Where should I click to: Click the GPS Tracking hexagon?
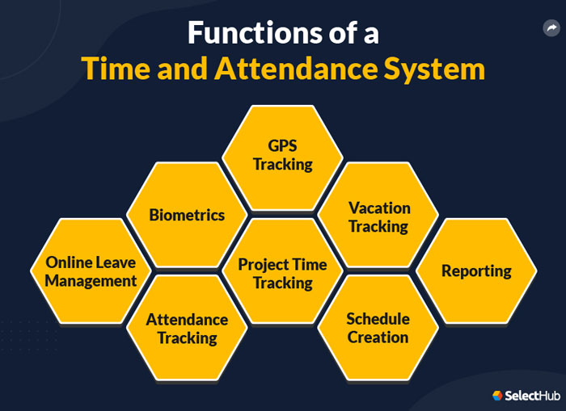pos(282,154)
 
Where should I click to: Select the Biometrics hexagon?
pos(187,215)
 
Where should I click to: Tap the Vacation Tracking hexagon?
pos(378,216)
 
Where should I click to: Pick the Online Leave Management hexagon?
pos(91,271)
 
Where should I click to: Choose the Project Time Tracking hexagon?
pos(282,273)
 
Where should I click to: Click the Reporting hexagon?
pos(476,271)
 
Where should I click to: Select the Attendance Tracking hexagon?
pos(187,328)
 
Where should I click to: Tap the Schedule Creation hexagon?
pos(378,328)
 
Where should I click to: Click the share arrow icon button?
pos(551,29)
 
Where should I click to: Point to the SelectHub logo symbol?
pos(497,396)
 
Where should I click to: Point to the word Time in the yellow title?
pos(112,69)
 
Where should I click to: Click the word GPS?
pos(283,145)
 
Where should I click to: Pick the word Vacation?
pos(379,208)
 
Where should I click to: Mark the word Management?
pos(91,281)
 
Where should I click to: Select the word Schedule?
pos(378,319)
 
